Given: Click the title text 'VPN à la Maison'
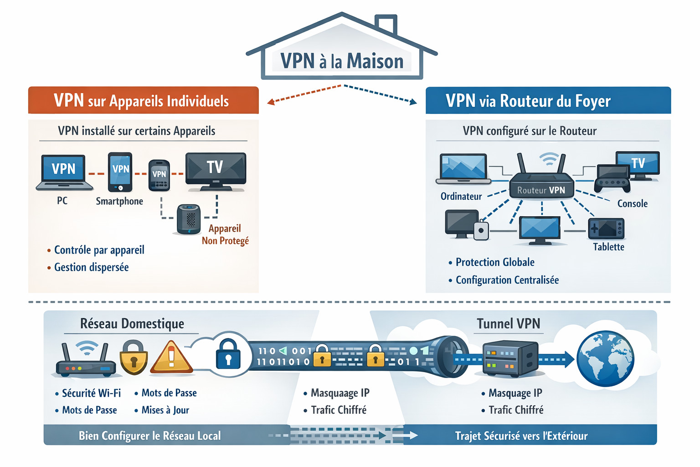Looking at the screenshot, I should [342, 61].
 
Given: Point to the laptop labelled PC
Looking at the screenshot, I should [64, 172].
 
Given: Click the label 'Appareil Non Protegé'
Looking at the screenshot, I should [225, 234].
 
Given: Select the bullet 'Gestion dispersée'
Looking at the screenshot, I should [91, 267].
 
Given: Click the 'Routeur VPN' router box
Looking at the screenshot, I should [541, 185].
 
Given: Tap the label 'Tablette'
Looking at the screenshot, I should [608, 247].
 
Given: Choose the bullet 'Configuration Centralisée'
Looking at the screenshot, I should [507, 280].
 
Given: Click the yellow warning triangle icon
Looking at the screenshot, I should [171, 358].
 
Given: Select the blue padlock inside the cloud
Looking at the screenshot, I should [228, 353].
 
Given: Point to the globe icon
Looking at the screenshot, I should [605, 358].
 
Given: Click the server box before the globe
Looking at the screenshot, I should [510, 358].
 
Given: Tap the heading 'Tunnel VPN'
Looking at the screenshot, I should [508, 324].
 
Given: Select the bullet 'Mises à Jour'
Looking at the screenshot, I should [165, 410].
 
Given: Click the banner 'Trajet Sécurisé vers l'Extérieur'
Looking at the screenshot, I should [521, 436].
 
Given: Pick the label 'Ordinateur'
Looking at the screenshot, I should [461, 197].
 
